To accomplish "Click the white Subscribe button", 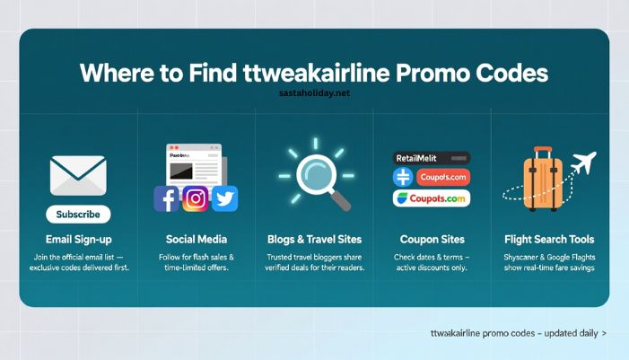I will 78,215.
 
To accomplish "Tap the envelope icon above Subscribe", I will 78,175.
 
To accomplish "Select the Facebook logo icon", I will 167,198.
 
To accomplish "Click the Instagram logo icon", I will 196,198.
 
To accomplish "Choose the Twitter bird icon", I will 224,198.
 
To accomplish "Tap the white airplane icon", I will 582,165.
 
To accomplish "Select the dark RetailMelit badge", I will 432,157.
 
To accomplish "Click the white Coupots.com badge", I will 432,198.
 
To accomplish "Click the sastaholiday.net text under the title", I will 314,92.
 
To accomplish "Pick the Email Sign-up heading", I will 78,240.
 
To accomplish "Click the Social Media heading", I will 197,240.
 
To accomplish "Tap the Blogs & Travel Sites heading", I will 314,240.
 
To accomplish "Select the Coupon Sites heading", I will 432,240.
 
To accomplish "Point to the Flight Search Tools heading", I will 549,240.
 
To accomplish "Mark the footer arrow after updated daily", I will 604,333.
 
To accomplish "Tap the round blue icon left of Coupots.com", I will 403,177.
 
